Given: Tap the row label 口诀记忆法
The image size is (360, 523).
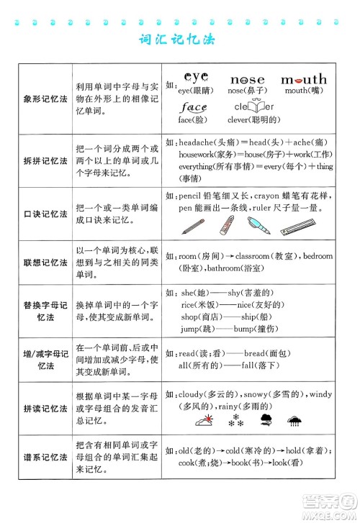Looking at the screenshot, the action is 45,215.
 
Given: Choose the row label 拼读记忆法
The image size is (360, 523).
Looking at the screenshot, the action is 45,408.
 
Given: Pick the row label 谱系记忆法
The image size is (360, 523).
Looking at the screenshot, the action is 45,456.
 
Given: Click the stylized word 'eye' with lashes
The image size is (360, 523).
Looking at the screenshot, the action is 195,76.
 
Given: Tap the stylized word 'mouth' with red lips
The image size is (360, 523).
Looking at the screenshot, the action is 302,78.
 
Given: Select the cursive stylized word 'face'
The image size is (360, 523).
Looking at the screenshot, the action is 194,108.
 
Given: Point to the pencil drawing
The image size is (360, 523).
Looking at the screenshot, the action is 193,227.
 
